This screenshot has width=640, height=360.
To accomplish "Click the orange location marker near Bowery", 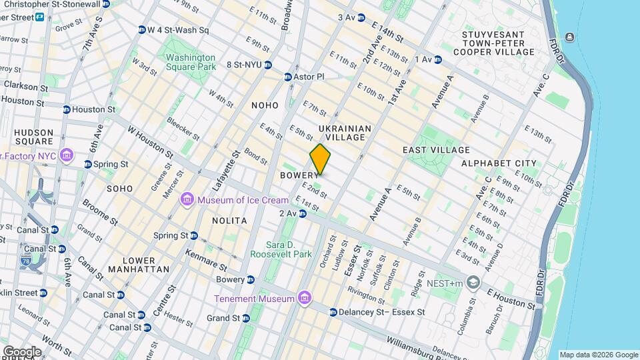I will [x=320, y=159].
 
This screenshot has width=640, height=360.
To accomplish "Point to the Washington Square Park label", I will [x=191, y=62].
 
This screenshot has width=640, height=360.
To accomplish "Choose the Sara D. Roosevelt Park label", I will [x=281, y=249].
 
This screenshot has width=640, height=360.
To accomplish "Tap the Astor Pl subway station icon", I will [x=288, y=77].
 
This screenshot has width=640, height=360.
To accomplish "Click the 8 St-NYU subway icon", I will [x=267, y=65].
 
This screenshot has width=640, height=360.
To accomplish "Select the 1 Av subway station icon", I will [x=438, y=59].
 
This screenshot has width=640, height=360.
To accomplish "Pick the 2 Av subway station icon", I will [x=303, y=213].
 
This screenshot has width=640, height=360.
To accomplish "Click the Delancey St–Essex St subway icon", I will [x=333, y=312].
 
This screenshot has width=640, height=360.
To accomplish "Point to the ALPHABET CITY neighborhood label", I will [x=499, y=163].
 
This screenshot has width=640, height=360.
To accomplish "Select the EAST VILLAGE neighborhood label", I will [x=436, y=150].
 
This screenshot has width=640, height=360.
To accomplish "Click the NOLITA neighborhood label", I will [x=229, y=220].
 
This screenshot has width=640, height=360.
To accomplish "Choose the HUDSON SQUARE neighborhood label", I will [x=33, y=137].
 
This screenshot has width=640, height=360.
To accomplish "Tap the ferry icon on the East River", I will [x=570, y=37].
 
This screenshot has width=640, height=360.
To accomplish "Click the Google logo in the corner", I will [x=22, y=351].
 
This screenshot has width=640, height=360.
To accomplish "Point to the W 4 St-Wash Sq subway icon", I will [x=141, y=30].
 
